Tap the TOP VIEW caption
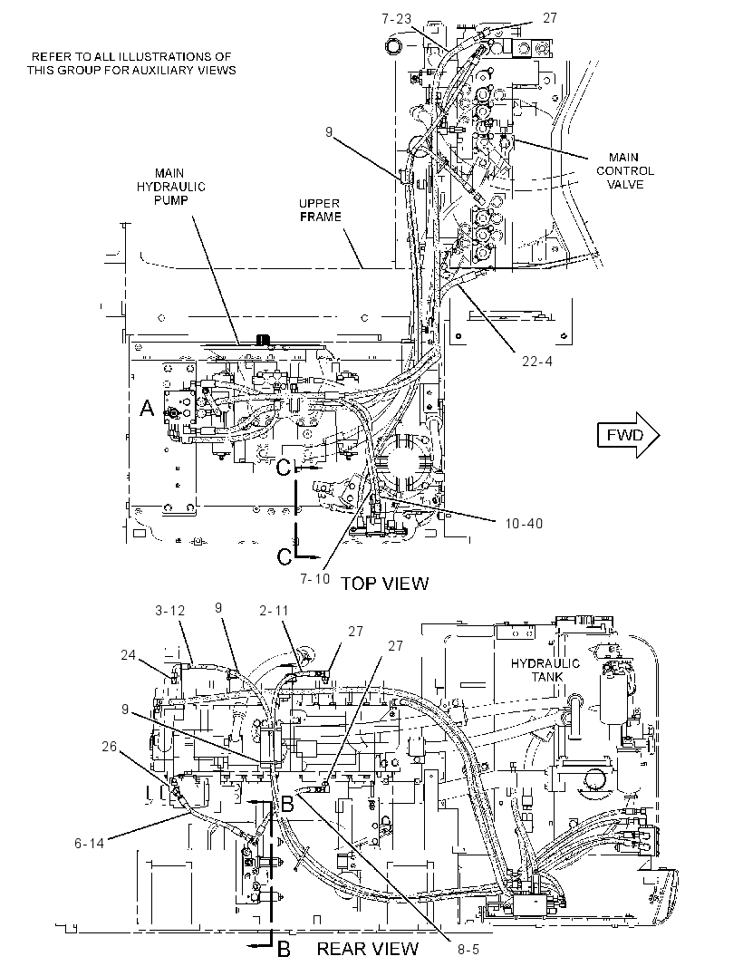click(x=385, y=583)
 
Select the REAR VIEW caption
click(x=368, y=949)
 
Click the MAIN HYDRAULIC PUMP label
click(x=170, y=187)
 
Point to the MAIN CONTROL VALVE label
click(x=624, y=170)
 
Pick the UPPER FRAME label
click(x=320, y=210)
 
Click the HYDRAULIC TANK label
click(x=545, y=670)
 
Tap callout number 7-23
click(x=396, y=19)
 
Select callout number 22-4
click(x=537, y=361)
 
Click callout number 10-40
click(x=525, y=523)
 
